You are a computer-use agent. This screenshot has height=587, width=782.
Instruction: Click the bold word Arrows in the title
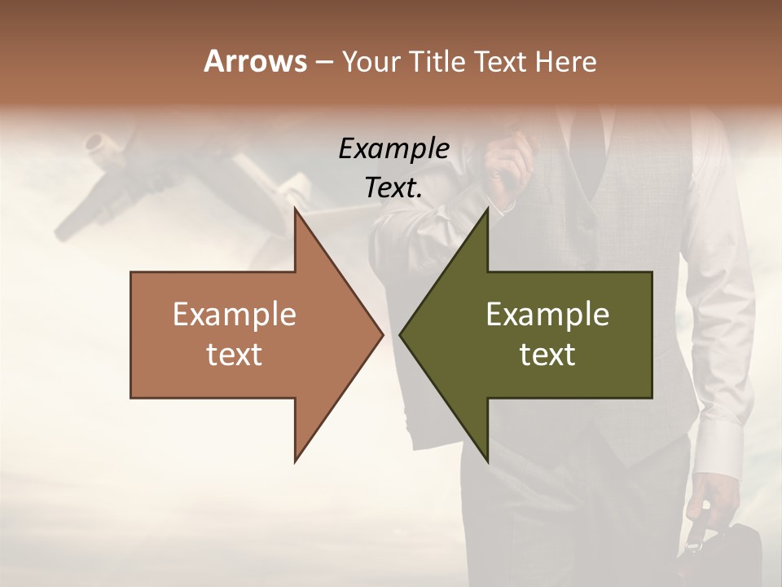254,61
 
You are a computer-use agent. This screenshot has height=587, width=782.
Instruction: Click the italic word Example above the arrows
394,149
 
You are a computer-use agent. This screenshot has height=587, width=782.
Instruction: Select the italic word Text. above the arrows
394,188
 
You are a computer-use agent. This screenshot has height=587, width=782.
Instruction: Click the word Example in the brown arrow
235,314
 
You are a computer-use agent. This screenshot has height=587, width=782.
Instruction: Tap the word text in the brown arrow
235,355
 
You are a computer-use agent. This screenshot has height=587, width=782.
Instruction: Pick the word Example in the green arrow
547,314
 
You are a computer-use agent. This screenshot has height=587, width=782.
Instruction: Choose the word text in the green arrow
547,355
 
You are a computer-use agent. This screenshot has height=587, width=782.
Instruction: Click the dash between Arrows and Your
323,62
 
